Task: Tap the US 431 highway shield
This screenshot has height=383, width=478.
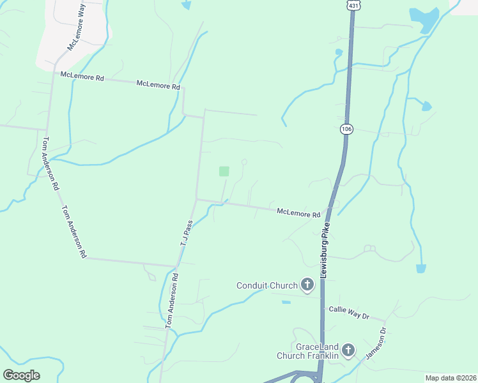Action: click(x=353, y=5)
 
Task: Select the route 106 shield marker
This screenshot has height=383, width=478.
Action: click(x=346, y=129)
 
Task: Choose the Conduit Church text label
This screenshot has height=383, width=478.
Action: click(x=266, y=285)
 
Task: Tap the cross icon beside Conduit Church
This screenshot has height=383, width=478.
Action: click(x=307, y=285)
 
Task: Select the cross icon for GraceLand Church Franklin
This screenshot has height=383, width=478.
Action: click(x=348, y=350)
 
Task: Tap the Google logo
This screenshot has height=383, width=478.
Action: click(x=21, y=375)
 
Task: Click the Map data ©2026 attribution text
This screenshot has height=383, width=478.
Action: click(x=450, y=377)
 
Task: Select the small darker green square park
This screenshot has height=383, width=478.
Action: click(x=224, y=171)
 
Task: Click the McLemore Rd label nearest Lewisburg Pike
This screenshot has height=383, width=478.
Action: click(x=298, y=213)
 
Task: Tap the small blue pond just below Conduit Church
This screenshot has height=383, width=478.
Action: click(x=286, y=302)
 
